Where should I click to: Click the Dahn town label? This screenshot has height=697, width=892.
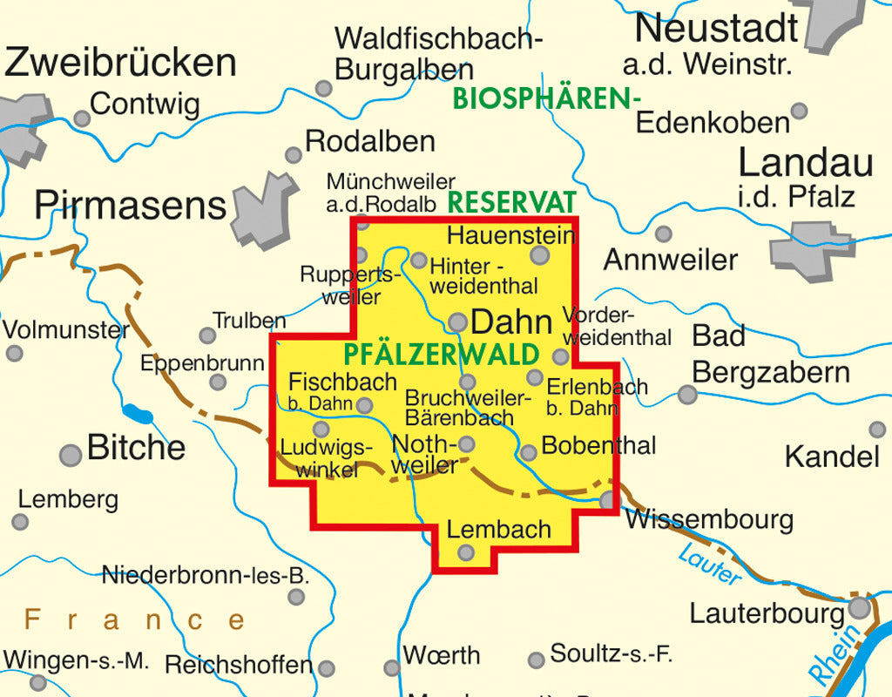511,322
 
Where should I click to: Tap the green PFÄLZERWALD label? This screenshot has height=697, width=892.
441,355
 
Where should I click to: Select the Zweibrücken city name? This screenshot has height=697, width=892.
120,63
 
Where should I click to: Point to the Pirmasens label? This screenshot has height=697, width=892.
131,206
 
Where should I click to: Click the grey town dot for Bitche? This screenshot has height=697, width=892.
71,455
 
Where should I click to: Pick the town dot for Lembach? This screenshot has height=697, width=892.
466,552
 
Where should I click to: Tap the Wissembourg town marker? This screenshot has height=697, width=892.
609,499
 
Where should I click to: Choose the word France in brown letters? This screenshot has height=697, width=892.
135,620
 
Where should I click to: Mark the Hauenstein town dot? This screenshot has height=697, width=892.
540,254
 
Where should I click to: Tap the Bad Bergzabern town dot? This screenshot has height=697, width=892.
687,395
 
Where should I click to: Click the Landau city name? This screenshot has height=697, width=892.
806,163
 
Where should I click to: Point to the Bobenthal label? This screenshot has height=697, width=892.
598,445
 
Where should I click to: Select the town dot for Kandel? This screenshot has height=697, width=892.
877,430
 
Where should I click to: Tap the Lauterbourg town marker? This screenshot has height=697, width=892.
861,607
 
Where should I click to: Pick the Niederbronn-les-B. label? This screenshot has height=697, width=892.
206,575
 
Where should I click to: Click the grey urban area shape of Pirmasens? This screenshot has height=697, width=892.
264,212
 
